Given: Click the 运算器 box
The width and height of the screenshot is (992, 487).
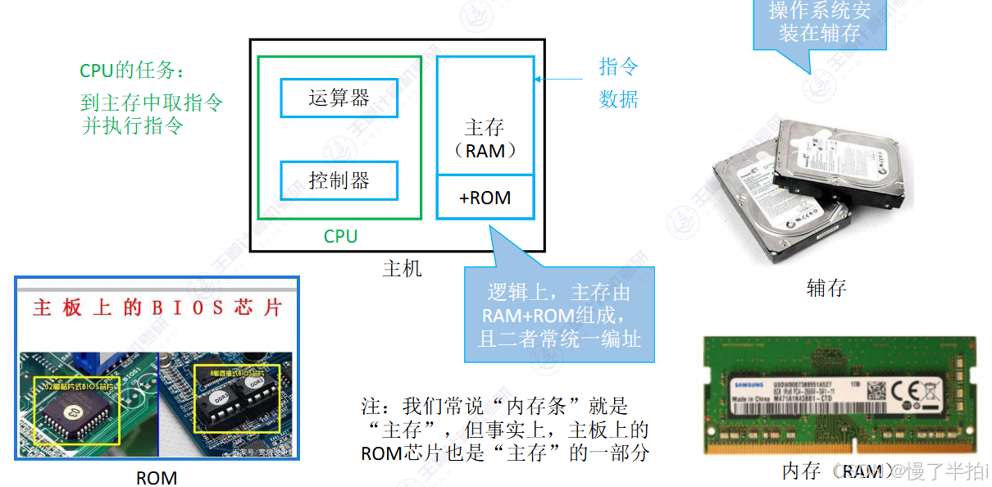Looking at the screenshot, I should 339,98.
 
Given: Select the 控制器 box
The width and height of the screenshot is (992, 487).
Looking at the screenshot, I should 339,180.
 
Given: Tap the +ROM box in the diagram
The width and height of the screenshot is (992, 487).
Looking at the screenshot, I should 485,198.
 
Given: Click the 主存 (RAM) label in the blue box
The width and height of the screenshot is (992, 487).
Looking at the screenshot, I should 485,139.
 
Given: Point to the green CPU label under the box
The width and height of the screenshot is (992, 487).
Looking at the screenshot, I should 340,237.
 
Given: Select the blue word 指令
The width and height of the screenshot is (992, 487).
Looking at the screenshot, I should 618,66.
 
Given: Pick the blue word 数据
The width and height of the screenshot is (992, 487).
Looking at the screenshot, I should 618,99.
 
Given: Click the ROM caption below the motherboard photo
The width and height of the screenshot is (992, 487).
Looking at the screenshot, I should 157,477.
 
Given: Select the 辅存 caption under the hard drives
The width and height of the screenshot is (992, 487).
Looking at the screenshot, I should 826,288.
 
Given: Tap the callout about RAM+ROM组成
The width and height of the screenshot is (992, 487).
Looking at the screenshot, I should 559,315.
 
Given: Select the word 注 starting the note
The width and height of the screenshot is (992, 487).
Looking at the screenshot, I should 371,406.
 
